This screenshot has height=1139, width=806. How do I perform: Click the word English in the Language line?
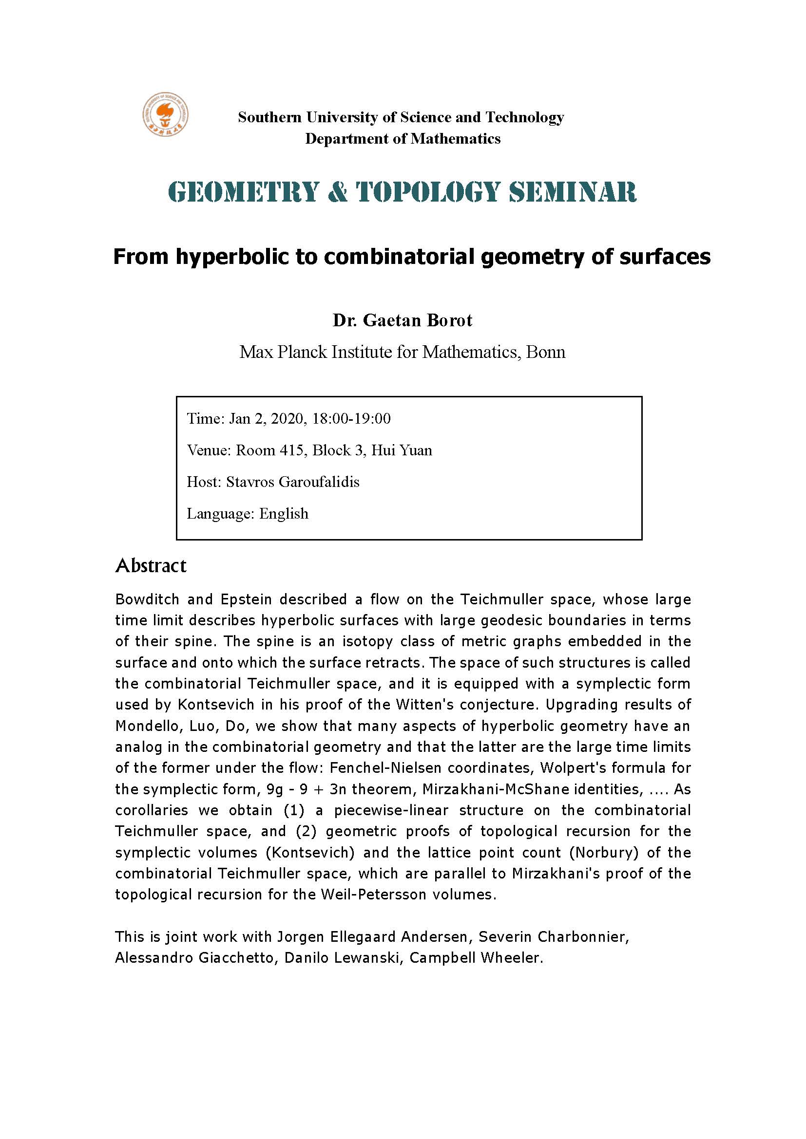tap(284, 513)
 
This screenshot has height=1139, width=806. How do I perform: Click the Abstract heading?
tap(151, 565)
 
